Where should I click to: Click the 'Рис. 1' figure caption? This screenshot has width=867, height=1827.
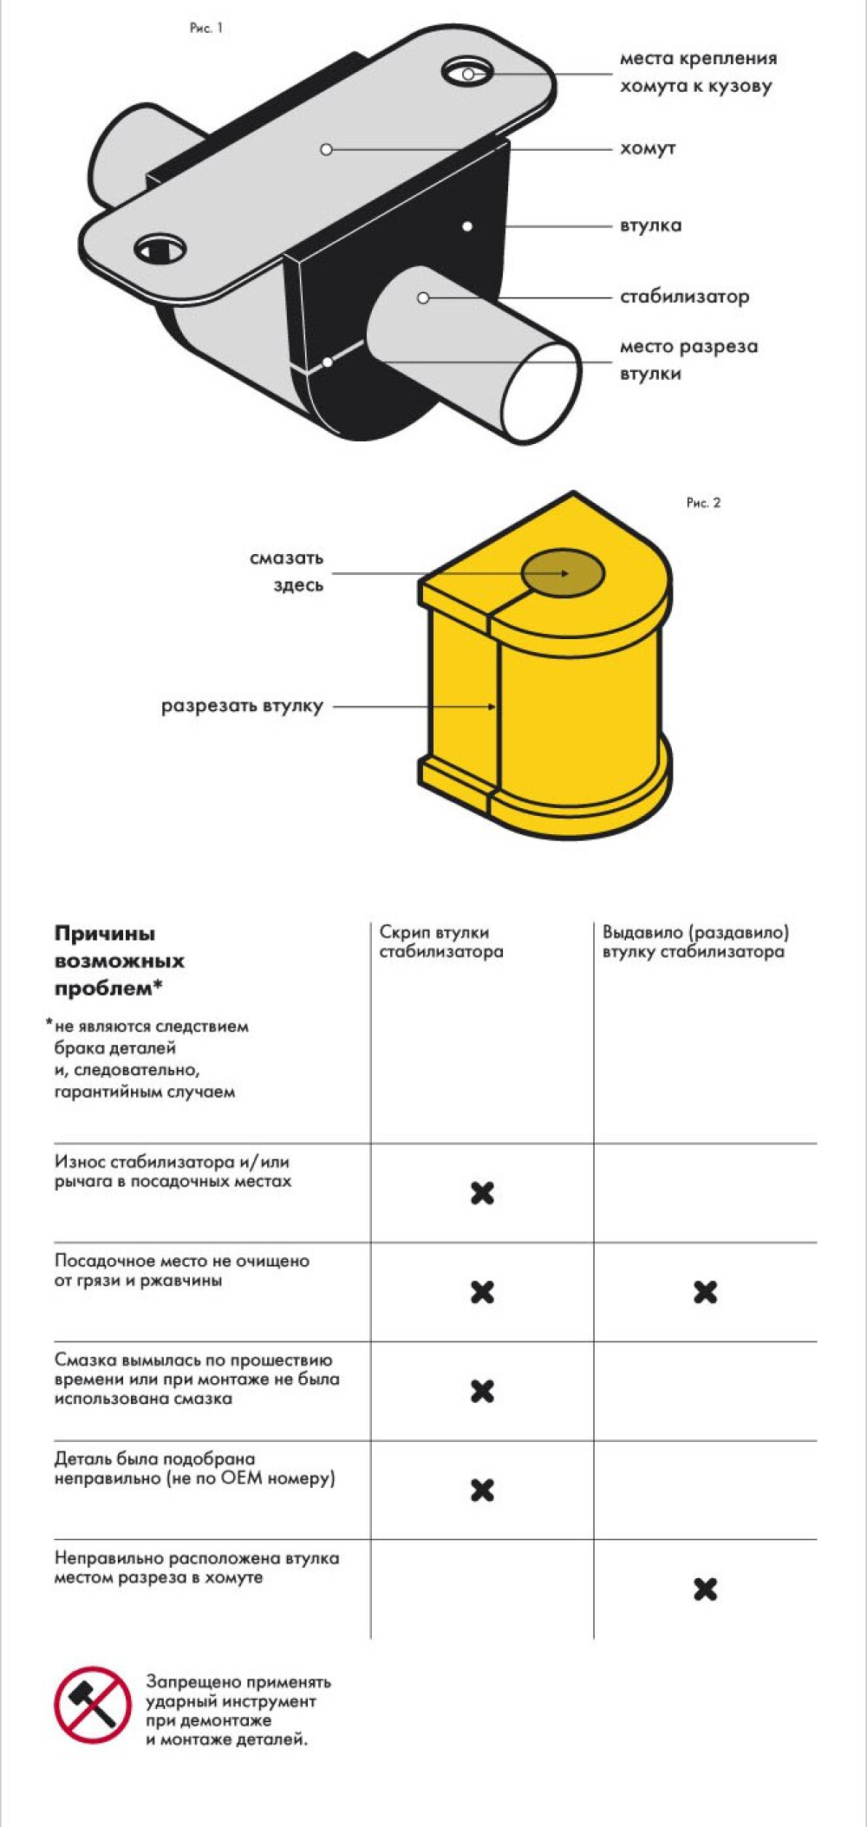(206, 29)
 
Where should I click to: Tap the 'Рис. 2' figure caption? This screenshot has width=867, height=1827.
(703, 503)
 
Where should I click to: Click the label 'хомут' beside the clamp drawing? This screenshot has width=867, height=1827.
(648, 148)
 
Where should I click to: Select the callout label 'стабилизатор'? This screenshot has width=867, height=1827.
(684, 297)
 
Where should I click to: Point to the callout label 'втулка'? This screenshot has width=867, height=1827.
(650, 225)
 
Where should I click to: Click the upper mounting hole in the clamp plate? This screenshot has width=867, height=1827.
(467, 72)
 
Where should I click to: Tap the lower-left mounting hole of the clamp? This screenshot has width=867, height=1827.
(160, 250)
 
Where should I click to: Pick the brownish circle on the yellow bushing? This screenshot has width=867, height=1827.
(563, 573)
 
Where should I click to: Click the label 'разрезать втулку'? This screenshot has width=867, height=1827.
(242, 706)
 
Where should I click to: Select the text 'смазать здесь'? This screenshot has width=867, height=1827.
(287, 571)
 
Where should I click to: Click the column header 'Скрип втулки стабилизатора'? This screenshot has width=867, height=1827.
(440, 942)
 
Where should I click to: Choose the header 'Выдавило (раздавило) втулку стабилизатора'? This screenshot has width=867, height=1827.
(695, 942)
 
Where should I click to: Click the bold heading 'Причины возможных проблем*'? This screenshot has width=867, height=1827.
(120, 961)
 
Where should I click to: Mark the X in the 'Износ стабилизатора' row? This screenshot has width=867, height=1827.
(482, 1193)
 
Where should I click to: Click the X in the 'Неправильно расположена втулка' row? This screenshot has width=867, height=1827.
(706, 1589)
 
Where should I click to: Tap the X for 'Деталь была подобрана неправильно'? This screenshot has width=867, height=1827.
(482, 1490)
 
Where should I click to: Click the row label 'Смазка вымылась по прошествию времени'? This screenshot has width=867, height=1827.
(197, 1379)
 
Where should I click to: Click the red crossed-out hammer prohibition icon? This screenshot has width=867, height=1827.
(92, 1704)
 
